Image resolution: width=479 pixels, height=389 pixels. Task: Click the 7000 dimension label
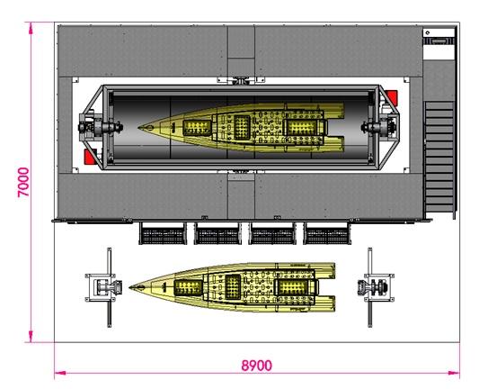(x=23, y=182)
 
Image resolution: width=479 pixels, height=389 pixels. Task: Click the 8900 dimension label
(x=257, y=366)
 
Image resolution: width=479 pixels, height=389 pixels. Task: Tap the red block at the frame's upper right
(x=391, y=98)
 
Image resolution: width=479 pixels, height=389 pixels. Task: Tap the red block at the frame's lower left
(x=91, y=157)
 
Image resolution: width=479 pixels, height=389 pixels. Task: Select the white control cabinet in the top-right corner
(x=439, y=44)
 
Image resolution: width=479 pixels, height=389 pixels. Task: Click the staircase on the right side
(x=439, y=157)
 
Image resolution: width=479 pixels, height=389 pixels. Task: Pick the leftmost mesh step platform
(x=163, y=233)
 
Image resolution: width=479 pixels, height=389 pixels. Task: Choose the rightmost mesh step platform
(x=327, y=233)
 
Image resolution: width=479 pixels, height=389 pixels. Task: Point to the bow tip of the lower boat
(x=129, y=287)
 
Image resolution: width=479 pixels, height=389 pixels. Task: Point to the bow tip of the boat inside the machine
(x=138, y=127)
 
